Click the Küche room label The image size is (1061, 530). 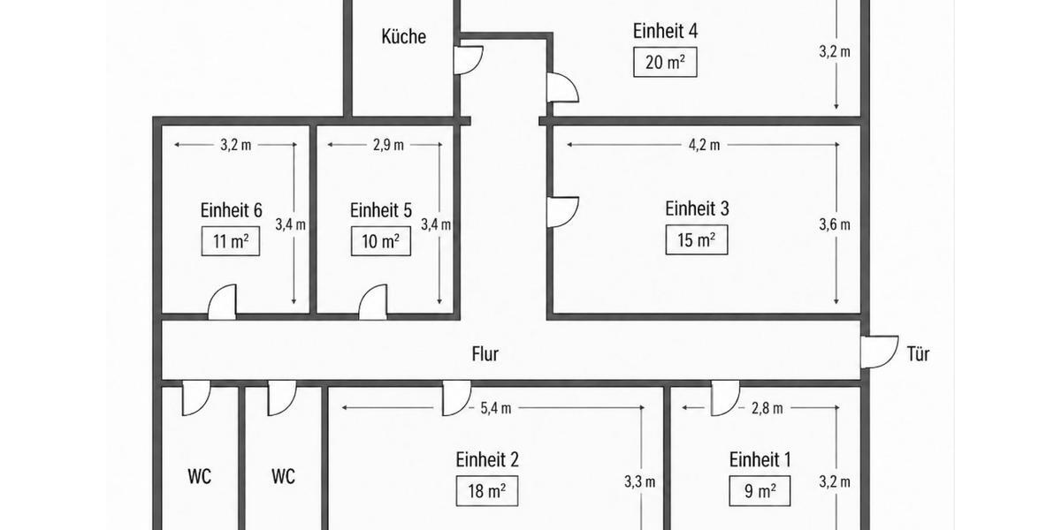point(403,36)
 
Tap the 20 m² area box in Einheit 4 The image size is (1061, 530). point(665,62)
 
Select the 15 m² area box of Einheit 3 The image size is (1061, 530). point(697,240)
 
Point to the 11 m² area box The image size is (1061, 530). point(231,241)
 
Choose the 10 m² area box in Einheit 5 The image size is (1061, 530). point(381,241)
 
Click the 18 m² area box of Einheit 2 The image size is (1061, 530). point(487,491)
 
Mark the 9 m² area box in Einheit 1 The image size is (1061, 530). point(759,491)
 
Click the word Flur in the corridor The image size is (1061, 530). point(485,354)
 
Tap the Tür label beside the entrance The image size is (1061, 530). point(918,354)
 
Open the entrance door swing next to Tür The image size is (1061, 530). point(880,352)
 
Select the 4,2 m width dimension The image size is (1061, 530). point(704,145)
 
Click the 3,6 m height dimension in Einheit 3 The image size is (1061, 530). point(835,224)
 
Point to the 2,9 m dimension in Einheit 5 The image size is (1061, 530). point(388,145)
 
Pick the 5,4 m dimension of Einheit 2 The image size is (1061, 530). point(496,408)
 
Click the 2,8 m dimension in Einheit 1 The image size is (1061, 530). point(767,408)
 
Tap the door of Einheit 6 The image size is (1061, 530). point(222,302)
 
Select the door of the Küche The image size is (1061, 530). point(469,60)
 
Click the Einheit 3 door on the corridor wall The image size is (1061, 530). point(562,212)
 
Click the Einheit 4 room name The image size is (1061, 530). point(665,31)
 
